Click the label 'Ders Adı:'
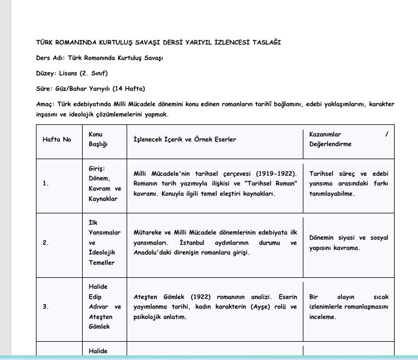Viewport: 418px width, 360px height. click(50, 58)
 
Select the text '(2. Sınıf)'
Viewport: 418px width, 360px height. click(94, 74)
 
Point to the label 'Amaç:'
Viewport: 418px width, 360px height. click(45, 104)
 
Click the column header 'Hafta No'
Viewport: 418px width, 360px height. click(56, 139)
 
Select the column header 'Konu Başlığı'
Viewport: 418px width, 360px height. click(98, 139)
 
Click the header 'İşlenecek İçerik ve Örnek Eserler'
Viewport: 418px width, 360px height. click(184, 139)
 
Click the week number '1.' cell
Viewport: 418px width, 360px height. click(46, 184)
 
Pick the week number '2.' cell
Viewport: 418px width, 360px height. click(46, 243)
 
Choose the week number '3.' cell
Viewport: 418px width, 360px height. click(46, 307)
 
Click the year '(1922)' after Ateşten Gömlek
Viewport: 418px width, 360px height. click(200, 297)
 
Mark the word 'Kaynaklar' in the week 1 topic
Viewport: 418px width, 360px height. click(103, 199)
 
